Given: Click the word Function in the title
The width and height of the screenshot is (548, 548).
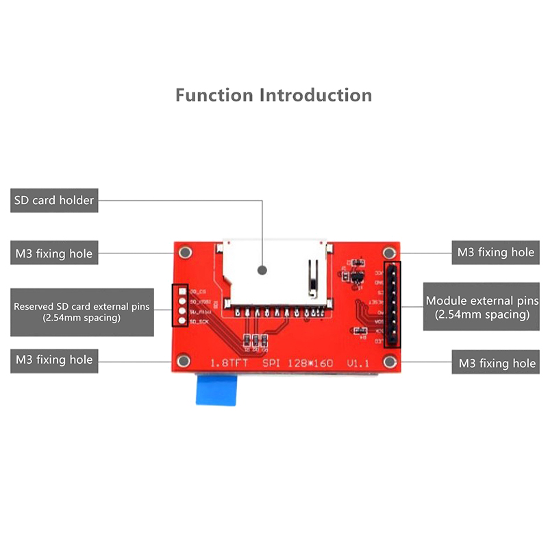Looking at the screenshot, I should click(214, 95).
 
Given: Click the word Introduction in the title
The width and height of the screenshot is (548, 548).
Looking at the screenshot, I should click(316, 95).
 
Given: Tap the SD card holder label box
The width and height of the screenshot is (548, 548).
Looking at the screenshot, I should click(54, 201).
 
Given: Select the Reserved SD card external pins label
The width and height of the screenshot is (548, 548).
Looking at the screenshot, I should click(82, 312).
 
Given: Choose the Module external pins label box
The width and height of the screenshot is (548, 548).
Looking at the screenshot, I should click(482, 308).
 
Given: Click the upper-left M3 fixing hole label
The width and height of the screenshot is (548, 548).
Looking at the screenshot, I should click(54, 253).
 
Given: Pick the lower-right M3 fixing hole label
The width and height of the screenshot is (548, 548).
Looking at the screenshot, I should click(495, 362).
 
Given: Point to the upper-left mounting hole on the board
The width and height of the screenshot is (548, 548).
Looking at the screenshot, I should click(183, 251).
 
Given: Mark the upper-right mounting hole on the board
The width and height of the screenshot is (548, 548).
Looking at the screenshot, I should click(390, 251).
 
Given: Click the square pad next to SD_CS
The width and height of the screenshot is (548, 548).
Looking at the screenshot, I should click(182, 292).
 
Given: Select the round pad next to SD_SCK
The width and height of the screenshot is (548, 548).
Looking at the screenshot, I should click(182, 320).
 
